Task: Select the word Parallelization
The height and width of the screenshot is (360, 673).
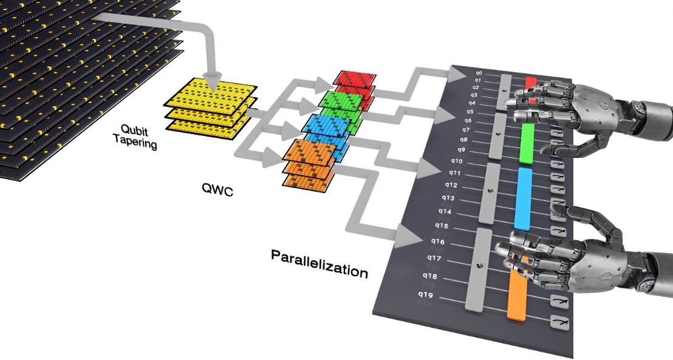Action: pyautogui.click(x=319, y=263)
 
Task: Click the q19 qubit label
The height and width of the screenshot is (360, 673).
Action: pyautogui.click(x=424, y=295)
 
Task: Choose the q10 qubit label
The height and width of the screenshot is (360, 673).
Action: pyautogui.click(x=457, y=161)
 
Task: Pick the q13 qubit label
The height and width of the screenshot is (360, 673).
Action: pyautogui.click(x=448, y=198)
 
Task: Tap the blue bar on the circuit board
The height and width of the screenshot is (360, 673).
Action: pyautogui.click(x=522, y=198)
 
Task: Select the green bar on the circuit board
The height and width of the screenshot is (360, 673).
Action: pyautogui.click(x=527, y=144)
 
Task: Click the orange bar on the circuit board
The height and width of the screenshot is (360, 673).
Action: pyautogui.click(x=516, y=294)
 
